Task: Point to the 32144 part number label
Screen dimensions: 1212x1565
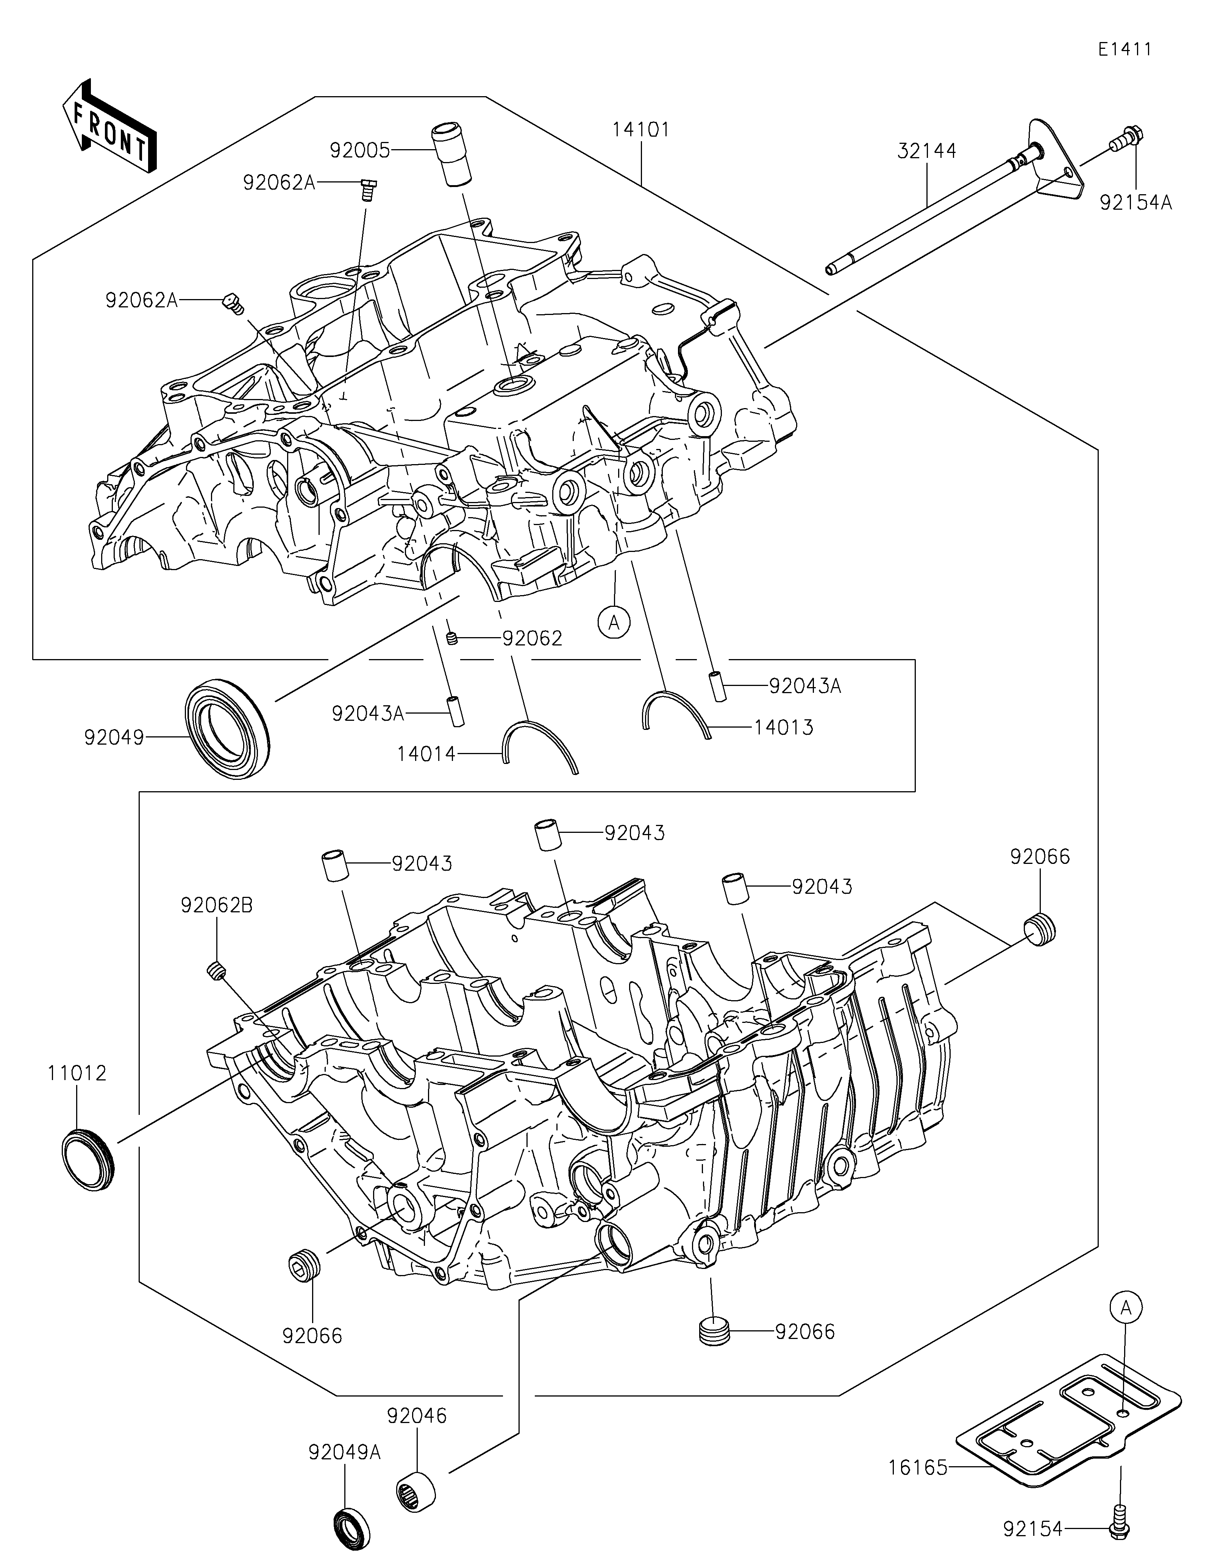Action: tap(927, 151)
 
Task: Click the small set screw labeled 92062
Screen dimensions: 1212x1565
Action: tap(452, 639)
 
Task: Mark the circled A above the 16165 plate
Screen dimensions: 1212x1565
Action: tap(1126, 1308)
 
